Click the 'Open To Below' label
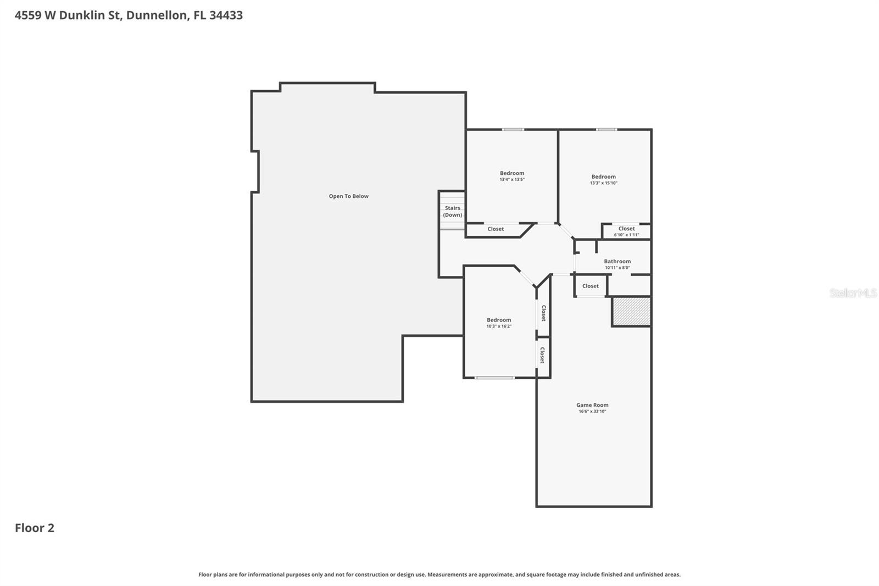(348, 196)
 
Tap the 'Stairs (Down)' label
(453, 212)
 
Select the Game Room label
(592, 405)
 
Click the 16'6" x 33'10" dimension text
(592, 412)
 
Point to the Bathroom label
(617, 262)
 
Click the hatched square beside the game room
(632, 312)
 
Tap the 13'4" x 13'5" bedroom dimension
(512, 180)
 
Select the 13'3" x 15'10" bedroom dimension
(603, 183)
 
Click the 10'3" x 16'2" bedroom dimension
(499, 327)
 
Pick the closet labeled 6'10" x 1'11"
(626, 231)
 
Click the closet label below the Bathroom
(591, 286)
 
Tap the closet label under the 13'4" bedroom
(496, 229)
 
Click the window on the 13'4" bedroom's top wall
(513, 130)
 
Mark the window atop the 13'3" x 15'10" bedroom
(607, 130)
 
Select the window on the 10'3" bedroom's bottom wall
(494, 378)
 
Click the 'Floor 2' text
(35, 528)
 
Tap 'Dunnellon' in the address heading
(156, 15)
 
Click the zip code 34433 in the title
(226, 15)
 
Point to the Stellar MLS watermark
(853, 293)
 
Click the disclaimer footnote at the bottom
(439, 574)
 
